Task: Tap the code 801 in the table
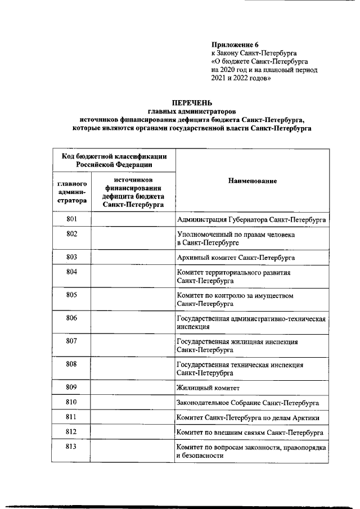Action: click(x=71, y=218)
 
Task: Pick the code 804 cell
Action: click(x=71, y=272)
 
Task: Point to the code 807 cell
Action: click(x=71, y=341)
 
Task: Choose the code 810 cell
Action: click(x=71, y=402)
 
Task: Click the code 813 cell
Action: click(x=71, y=447)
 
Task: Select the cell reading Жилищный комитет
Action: click(x=208, y=388)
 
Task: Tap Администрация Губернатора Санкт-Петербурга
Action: click(x=251, y=219)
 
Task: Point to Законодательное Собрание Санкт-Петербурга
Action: click(x=248, y=403)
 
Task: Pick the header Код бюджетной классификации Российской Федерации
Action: click(x=114, y=160)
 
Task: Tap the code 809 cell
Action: click(x=71, y=387)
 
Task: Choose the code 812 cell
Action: click(x=71, y=432)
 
